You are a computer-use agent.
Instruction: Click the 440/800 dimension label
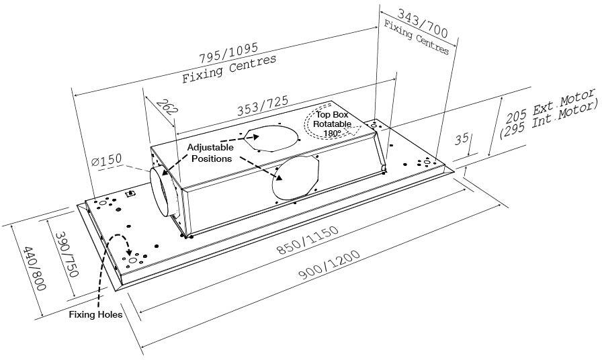point(34,268)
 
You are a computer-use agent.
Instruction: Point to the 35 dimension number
point(462,139)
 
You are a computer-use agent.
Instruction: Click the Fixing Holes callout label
point(95,314)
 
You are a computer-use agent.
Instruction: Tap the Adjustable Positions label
point(211,153)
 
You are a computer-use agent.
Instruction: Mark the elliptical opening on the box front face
point(294,176)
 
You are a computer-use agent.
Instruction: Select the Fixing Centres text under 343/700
point(417,38)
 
